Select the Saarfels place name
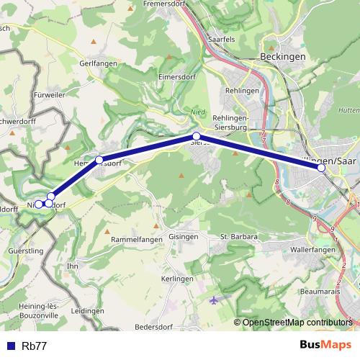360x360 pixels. pyautogui.click(x=221, y=40)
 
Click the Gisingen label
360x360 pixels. pyautogui.click(x=184, y=236)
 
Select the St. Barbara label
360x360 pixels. pyautogui.click(x=238, y=236)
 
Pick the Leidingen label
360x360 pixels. pyautogui.click(x=88, y=310)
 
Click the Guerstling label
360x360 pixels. pyautogui.click(x=24, y=250)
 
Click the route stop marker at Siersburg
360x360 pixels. pyautogui.click(x=195, y=136)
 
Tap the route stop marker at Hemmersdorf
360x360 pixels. pyautogui.click(x=99, y=159)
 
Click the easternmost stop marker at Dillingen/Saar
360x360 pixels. pyautogui.click(x=321, y=168)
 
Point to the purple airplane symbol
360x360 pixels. pyautogui.click(x=213, y=300)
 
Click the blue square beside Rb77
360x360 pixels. pyautogui.click(x=10, y=346)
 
